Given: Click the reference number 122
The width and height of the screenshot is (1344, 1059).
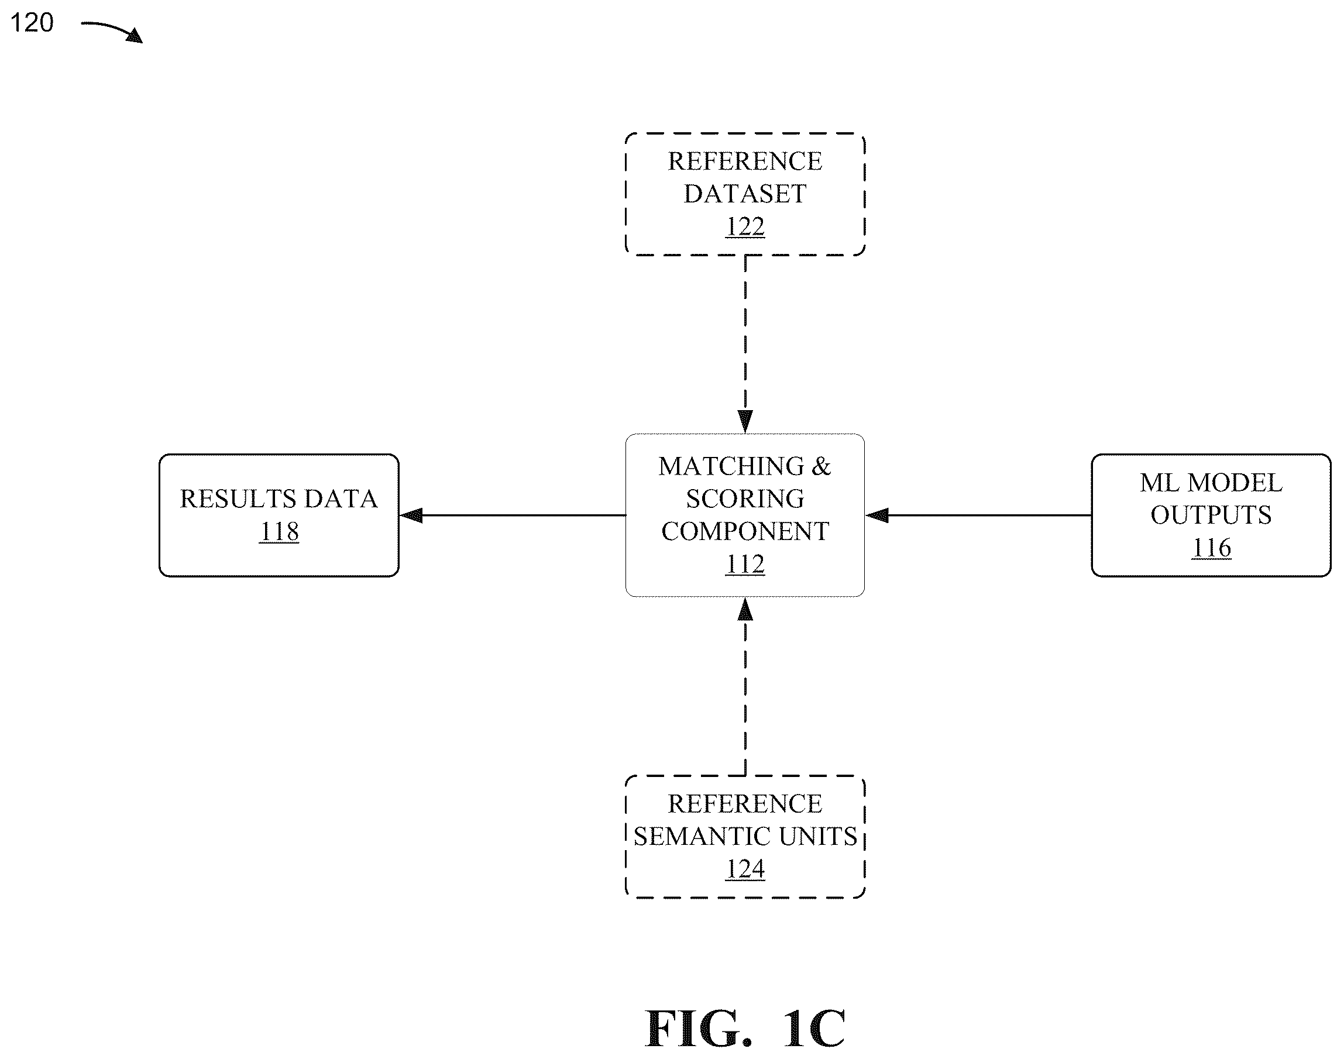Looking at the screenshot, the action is pos(745,226).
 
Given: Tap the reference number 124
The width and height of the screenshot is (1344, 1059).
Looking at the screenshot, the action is pos(745,869).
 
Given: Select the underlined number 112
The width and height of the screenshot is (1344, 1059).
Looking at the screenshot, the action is pos(745,563).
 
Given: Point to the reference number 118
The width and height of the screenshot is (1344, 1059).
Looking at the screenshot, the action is pos(279,531).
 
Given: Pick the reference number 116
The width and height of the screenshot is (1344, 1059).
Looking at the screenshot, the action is pos(1211,548).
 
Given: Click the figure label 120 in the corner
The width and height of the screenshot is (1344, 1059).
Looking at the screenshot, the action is pos(32,23).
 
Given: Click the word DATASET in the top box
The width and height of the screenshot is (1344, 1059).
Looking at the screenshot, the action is pos(745,194).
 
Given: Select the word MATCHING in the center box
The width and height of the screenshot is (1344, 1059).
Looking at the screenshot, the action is pos(731,466).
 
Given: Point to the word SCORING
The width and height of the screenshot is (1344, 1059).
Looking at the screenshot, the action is pos(745,498).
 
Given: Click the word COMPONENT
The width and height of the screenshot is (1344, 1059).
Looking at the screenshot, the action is pos(745,531).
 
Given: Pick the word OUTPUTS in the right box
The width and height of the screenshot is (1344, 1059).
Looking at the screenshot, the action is pos(1211,515).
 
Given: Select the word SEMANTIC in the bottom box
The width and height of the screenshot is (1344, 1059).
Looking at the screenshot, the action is pos(702,837).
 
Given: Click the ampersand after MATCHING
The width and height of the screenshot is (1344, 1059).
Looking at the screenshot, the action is pos(821,466).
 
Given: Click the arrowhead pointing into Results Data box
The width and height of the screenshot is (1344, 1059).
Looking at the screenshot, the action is pos(411,515).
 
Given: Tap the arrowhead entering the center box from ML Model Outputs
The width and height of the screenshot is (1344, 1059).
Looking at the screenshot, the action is pos(876,515).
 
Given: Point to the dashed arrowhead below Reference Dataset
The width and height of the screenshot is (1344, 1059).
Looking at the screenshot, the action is pos(745,422).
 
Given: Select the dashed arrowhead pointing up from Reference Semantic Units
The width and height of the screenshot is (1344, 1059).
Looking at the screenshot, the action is pos(745,610).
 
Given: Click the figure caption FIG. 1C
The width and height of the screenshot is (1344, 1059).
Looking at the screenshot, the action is pos(745,1029).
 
